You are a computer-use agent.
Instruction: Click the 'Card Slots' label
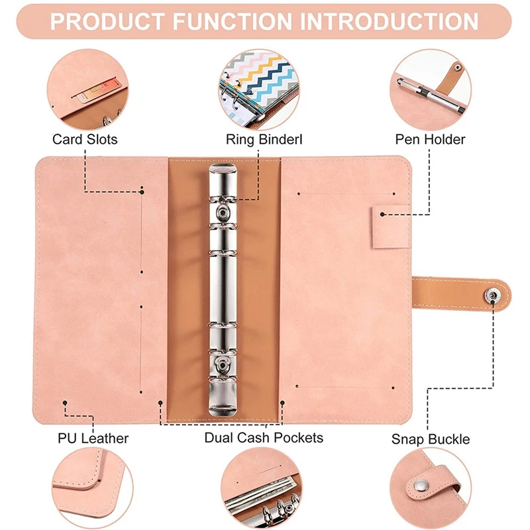[85, 139]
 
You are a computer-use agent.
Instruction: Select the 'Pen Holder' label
[430, 139]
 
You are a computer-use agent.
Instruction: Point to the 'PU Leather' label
[93, 438]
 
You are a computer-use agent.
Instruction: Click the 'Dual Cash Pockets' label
[264, 437]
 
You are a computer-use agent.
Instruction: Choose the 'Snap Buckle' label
[431, 439]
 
